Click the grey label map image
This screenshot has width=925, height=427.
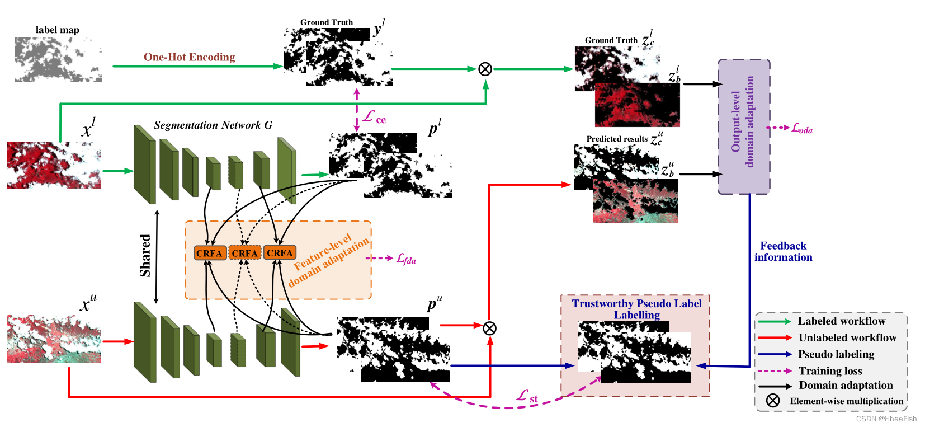[58, 60]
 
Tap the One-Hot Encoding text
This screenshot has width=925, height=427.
[189, 57]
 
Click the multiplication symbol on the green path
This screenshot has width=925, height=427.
[485, 69]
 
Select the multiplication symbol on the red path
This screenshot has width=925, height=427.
[489, 328]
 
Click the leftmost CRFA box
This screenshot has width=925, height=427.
[210, 253]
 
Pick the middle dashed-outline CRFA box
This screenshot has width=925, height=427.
[245, 253]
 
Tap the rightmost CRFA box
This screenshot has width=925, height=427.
[280, 253]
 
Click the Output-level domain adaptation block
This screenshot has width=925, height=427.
[744, 126]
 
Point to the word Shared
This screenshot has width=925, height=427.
[145, 255]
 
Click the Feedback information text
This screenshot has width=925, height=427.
[783, 251]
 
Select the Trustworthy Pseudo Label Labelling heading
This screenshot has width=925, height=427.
[636, 309]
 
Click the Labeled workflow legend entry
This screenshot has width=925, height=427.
[841, 321]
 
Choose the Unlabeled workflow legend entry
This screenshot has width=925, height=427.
[847, 337]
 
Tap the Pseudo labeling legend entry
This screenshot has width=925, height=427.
[836, 354]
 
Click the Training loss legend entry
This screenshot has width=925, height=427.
[830, 371]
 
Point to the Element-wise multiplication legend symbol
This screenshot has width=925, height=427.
[773, 401]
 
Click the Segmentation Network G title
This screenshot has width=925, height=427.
[213, 125]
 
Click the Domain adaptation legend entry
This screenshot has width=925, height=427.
[845, 385]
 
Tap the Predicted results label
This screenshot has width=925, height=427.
[617, 139]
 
